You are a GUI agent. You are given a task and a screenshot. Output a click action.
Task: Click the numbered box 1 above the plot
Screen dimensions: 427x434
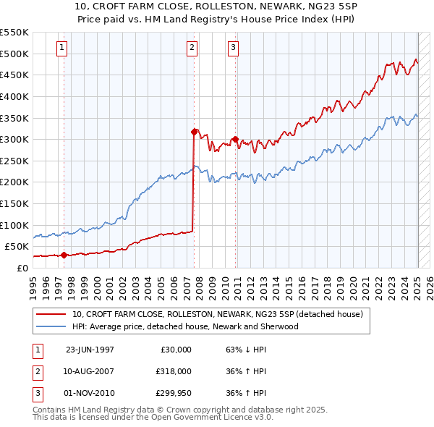pos(61,48)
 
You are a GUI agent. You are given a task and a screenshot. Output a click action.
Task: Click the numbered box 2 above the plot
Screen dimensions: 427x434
pos(192,48)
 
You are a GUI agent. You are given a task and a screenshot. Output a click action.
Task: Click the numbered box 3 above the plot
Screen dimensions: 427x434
pos(234,48)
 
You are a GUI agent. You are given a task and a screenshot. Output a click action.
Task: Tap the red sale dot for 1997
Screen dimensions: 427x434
pos(64,255)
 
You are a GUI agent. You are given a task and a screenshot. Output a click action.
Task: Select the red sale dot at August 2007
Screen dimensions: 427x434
pos(194,132)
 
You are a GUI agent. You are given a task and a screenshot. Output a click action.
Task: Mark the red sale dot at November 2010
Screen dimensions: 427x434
pos(235,140)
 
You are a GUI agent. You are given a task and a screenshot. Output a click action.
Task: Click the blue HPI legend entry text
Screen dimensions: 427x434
pos(184,326)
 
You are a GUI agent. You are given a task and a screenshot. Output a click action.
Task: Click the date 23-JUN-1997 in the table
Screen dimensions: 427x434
pos(90,350)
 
